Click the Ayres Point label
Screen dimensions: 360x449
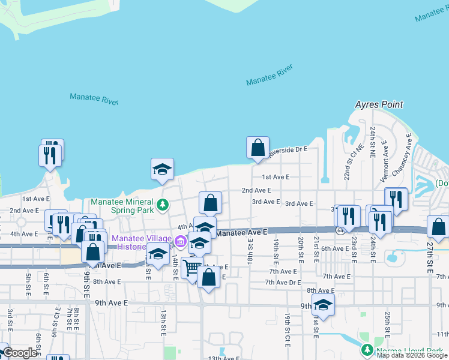tap(379, 104)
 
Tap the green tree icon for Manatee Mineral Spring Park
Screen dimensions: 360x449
tap(162, 205)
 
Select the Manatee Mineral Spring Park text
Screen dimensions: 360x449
tap(123, 206)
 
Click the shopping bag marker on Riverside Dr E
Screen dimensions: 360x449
tap(258, 147)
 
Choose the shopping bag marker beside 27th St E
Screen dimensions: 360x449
tap(438, 227)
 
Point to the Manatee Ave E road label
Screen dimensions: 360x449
tap(241, 232)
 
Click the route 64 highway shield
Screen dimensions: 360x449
tap(340, 230)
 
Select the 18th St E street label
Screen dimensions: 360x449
tap(250, 251)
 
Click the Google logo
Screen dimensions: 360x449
tap(20, 353)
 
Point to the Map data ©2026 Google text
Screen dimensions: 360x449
tap(412, 355)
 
